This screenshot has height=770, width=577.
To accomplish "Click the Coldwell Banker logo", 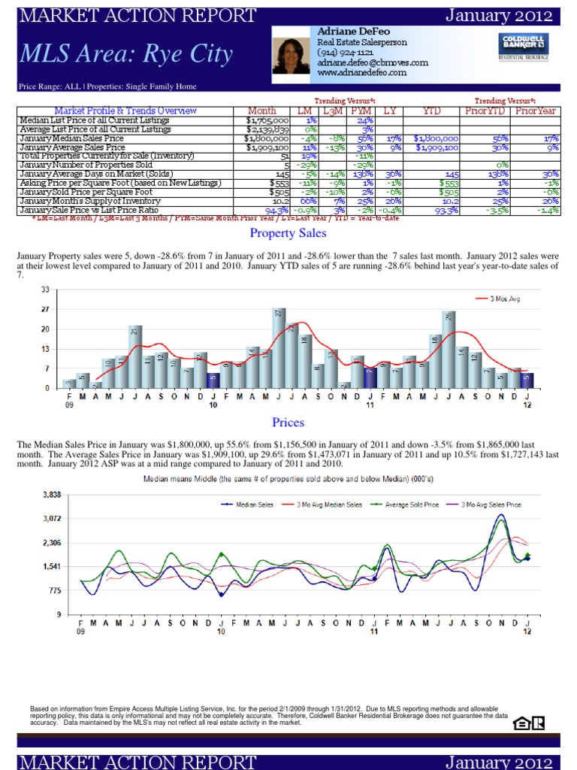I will click(522, 46).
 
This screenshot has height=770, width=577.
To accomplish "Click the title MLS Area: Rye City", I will click(126, 54).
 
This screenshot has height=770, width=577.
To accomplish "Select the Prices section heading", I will click(288, 423).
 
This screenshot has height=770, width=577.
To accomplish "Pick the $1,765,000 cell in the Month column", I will click(267, 120).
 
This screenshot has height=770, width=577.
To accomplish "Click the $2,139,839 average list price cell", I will click(267, 129).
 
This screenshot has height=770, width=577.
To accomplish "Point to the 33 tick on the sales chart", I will click(44, 289).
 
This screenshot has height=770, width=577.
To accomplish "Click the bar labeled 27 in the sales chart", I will click(279, 347).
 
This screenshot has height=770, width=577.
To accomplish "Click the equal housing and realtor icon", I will click(528, 723).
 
